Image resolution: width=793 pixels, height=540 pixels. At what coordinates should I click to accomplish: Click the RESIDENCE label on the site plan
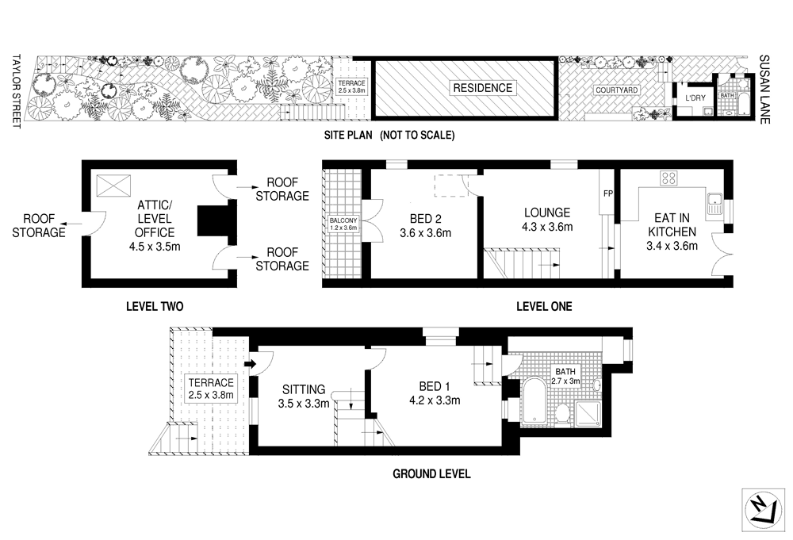tap(482, 88)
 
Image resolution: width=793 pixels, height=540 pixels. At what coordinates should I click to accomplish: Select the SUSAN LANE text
tap(765, 84)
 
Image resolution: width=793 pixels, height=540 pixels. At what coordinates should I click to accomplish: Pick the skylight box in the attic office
tap(111, 186)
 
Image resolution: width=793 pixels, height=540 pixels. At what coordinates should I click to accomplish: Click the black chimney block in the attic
tap(212, 220)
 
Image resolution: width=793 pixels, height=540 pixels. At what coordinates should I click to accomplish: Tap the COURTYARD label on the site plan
tap(617, 90)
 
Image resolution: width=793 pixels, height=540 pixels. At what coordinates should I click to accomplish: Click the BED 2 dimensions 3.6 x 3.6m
tap(426, 233)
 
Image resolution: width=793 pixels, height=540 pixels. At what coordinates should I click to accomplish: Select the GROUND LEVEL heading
tap(432, 474)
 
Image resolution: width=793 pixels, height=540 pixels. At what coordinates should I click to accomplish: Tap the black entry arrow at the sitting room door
tap(251, 364)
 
